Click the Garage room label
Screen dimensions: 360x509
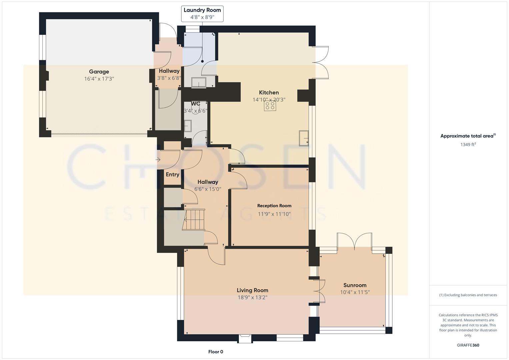pyautogui.click(x=99, y=72)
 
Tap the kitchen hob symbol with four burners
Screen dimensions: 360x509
pyautogui.click(x=270, y=106)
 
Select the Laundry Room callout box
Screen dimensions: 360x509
pyautogui.click(x=202, y=14)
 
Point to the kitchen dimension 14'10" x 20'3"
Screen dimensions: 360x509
pyautogui.click(x=269, y=100)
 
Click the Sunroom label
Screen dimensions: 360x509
pyautogui.click(x=355, y=285)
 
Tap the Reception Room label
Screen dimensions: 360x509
pyautogui.click(x=274, y=206)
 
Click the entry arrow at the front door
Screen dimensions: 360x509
pyautogui.click(x=158, y=160)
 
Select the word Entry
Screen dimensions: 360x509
pyautogui.click(x=172, y=175)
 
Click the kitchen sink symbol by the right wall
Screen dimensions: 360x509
pyautogui.click(x=304, y=138)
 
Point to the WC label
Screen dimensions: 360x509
pyautogui.click(x=195, y=104)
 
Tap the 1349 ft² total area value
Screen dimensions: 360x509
pyautogui.click(x=468, y=145)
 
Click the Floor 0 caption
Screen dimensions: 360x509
pyautogui.click(x=215, y=352)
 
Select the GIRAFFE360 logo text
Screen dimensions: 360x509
pyautogui.click(x=468, y=345)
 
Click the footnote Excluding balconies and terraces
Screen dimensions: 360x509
pyautogui.click(x=468, y=295)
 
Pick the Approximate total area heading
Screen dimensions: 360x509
pyautogui.click(x=468, y=136)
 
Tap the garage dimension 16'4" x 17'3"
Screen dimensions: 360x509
pyautogui.click(x=99, y=79)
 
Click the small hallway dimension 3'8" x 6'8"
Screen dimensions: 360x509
pyautogui.click(x=169, y=78)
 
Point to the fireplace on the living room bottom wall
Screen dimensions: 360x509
pyautogui.click(x=245, y=339)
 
